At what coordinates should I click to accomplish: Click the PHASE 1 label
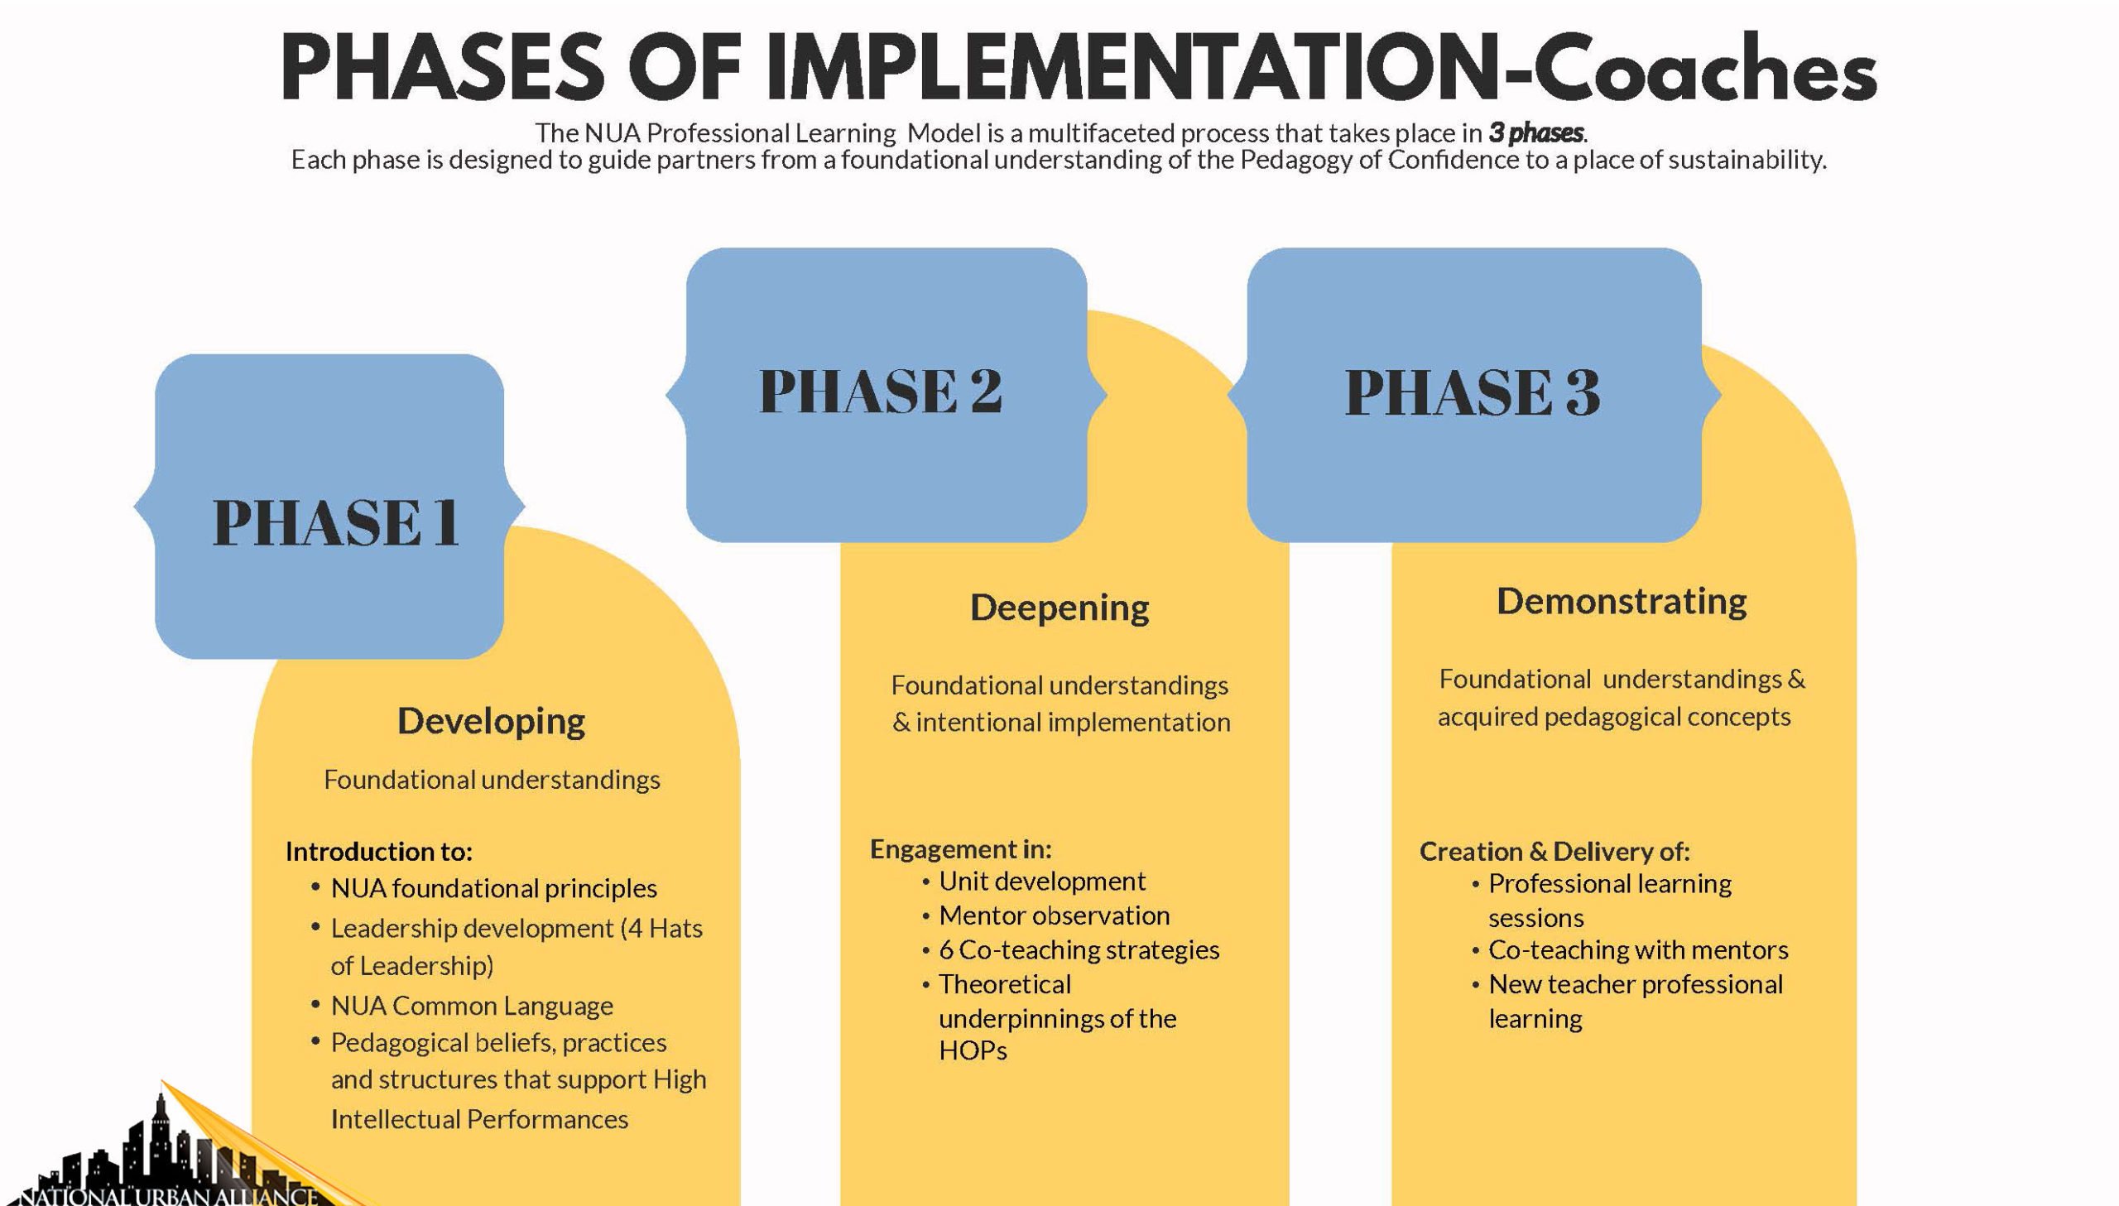point(335,522)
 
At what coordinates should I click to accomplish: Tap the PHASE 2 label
point(881,391)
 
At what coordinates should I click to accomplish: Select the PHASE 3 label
point(1473,392)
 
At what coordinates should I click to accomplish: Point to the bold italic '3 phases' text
point(1536,132)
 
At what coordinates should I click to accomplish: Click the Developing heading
point(491,721)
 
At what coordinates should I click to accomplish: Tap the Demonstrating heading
point(1622,600)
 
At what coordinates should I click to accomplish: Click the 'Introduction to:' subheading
point(378,851)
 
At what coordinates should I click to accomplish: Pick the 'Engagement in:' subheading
point(960,848)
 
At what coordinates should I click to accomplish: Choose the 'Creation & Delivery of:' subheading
point(1554,851)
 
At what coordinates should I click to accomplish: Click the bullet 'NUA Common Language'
point(472,1006)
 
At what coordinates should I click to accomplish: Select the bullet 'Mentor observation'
point(1054,915)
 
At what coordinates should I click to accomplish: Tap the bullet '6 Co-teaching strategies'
point(1079,949)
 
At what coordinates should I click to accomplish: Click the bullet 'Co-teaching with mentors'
point(1638,949)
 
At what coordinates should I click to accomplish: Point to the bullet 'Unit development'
point(1041,882)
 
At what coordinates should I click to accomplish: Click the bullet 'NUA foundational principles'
point(493,888)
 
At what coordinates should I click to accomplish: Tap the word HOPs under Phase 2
point(972,1050)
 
